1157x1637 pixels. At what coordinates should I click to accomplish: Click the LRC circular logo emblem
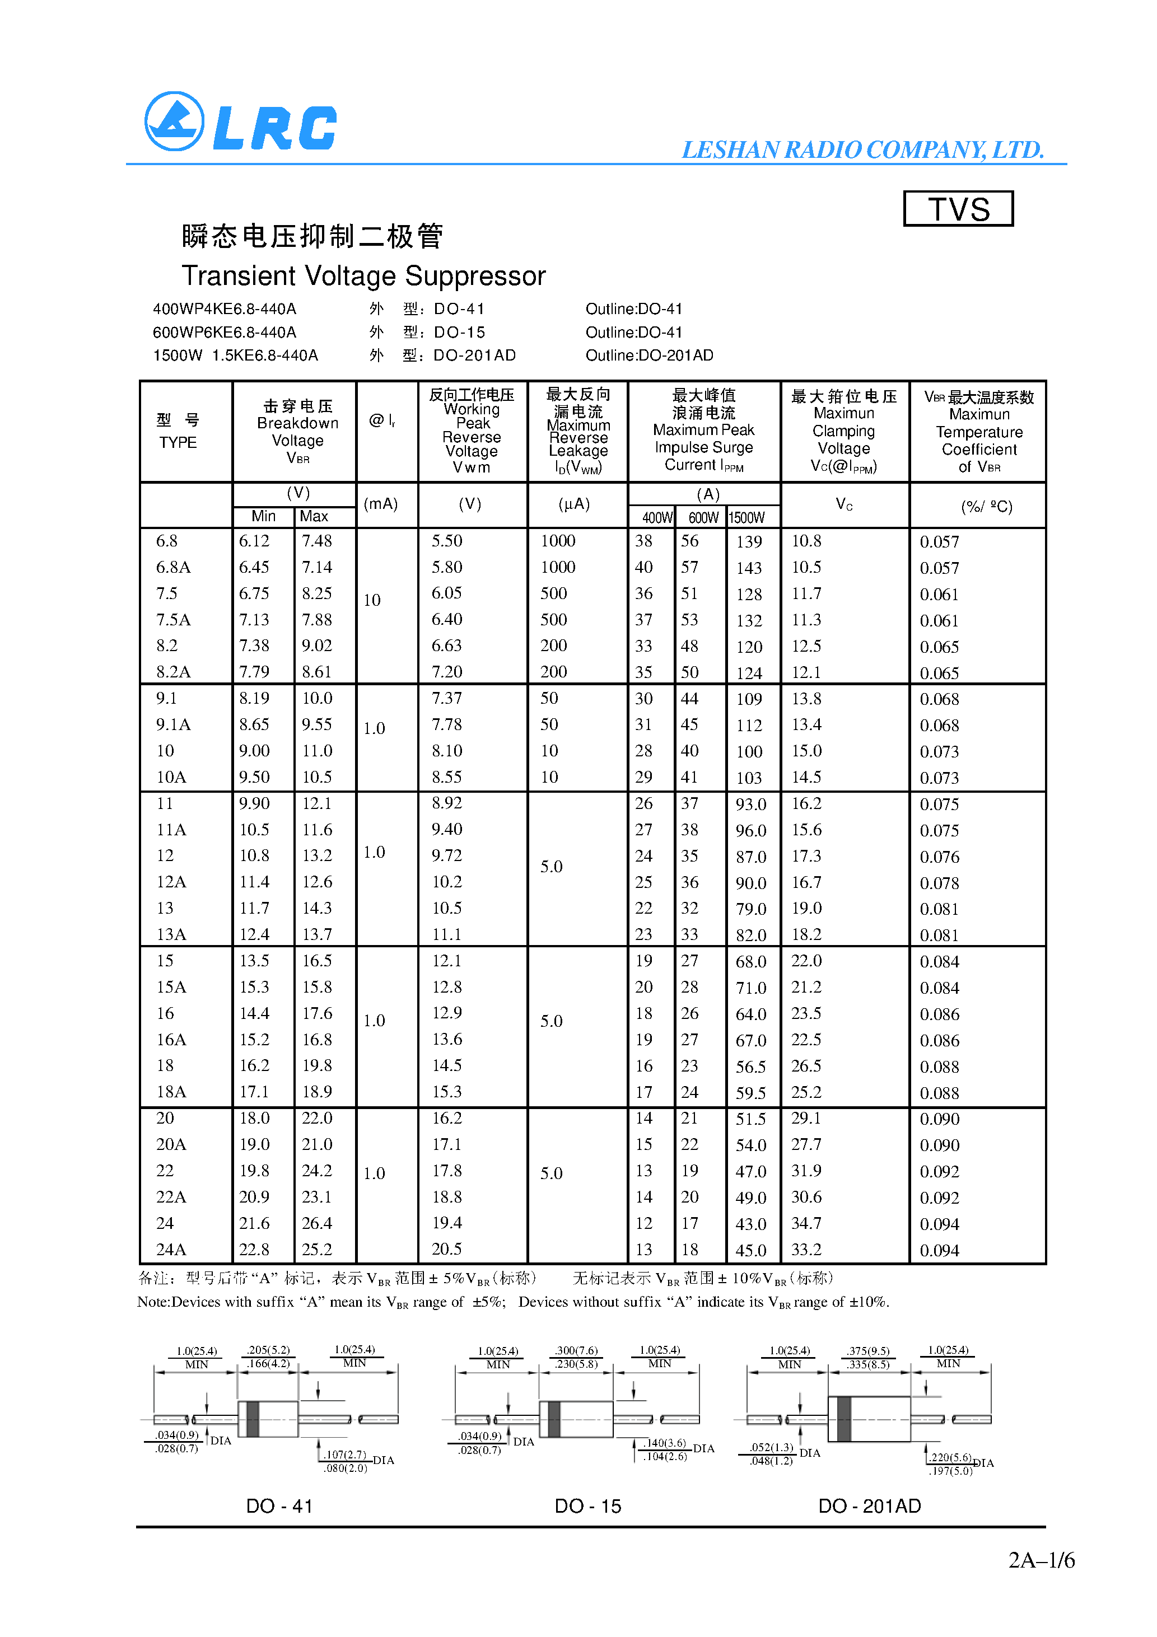tap(174, 121)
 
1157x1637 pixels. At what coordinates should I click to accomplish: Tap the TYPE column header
tap(178, 442)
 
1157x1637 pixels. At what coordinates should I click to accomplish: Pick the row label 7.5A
tap(174, 620)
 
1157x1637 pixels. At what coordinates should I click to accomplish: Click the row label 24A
tap(171, 1249)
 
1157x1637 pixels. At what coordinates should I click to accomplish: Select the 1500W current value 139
tap(749, 542)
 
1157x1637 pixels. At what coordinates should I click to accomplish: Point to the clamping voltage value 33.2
tap(806, 1249)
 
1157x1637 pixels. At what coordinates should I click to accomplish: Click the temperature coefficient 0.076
tap(939, 856)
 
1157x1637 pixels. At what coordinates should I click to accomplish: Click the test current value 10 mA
tap(372, 600)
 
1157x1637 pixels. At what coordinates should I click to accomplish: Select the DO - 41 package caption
tap(279, 1506)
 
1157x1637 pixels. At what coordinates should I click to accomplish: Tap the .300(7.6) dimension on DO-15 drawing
tap(576, 1350)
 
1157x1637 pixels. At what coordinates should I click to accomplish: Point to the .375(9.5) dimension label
tap(868, 1350)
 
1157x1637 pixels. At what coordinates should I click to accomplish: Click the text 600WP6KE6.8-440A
tap(224, 332)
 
